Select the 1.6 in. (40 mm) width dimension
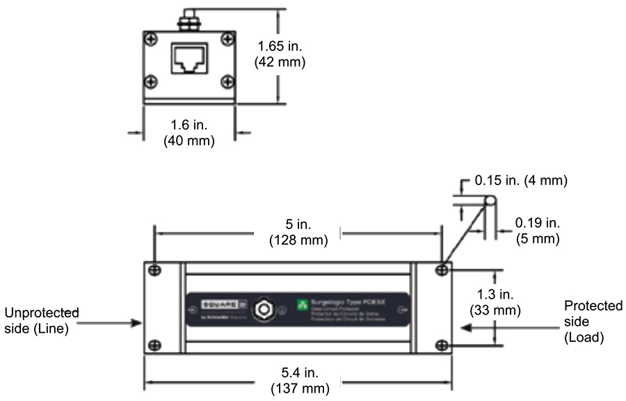click(x=188, y=132)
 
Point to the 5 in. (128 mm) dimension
click(x=298, y=234)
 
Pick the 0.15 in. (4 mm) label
click(x=521, y=181)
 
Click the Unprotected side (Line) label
click(x=45, y=320)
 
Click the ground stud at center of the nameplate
click(x=264, y=310)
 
